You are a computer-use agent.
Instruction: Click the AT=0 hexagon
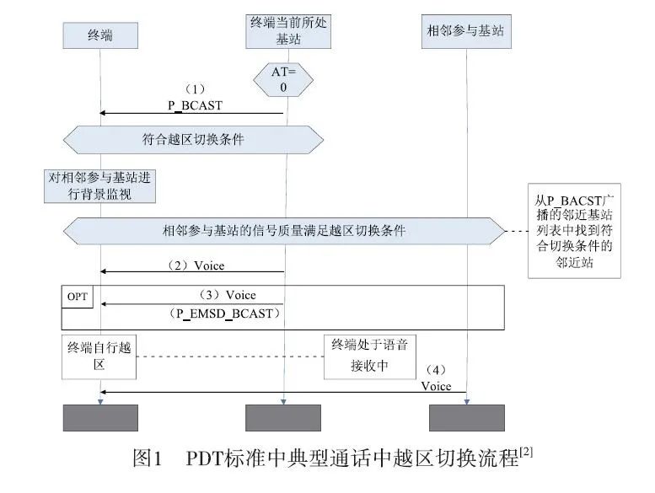[x=283, y=80]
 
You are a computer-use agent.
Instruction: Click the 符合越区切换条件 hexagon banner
[x=193, y=140]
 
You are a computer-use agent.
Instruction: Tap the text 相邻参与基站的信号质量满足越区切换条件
[x=284, y=229]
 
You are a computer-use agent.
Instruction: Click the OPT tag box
[x=78, y=297]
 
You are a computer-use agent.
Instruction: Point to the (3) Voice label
[x=227, y=295]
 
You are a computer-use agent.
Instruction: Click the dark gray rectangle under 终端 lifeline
[x=100, y=418]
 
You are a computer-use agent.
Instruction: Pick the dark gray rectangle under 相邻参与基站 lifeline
[x=467, y=418]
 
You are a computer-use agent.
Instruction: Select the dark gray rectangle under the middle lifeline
[x=283, y=418]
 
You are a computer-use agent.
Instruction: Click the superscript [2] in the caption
[x=527, y=451]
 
